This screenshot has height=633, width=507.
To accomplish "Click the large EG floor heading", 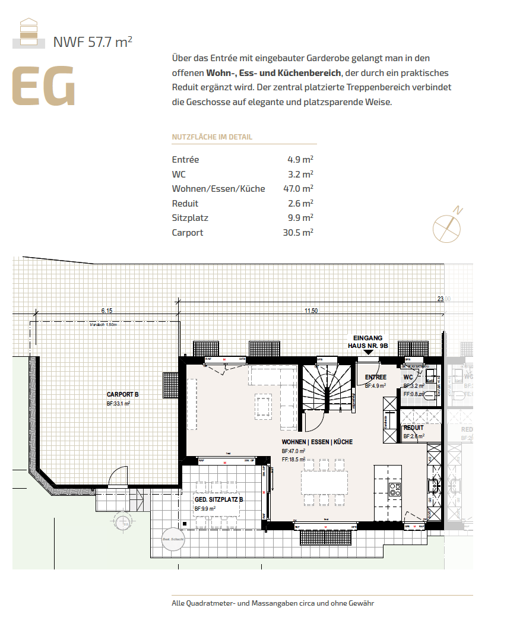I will [44, 87].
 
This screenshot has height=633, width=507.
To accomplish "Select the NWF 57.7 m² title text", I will [93, 42].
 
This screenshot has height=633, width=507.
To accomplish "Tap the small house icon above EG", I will [28, 32].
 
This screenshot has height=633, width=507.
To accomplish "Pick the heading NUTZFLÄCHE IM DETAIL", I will [212, 137].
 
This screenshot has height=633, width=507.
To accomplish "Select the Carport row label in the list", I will [188, 232].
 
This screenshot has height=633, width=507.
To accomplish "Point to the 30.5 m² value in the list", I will [298, 232].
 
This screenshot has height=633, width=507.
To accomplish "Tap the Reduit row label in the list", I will [185, 203].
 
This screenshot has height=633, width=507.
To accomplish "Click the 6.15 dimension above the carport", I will [107, 311].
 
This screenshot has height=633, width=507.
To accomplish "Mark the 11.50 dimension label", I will [311, 311].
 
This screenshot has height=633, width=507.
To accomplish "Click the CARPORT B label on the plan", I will [123, 394].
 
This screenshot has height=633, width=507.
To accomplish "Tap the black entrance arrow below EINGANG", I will [367, 352].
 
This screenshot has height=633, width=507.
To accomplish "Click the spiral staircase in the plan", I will [325, 390].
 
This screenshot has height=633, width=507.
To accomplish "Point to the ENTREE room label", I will [376, 377].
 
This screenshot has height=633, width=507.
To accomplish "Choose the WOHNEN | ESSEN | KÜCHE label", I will [317, 442].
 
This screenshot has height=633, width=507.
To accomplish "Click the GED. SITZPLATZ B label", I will [219, 500].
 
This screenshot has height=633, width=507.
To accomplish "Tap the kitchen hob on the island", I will [395, 489].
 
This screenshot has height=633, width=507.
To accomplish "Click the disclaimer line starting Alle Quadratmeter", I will [272, 603].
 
